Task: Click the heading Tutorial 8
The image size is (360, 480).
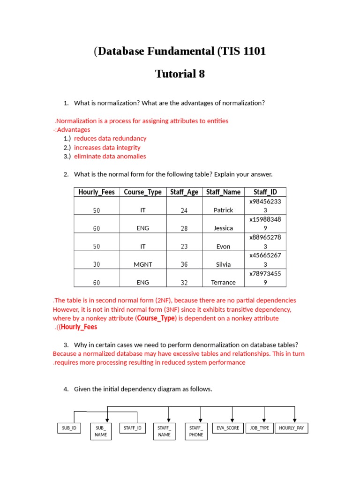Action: tap(180, 74)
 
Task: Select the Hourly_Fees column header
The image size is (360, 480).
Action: tap(97, 192)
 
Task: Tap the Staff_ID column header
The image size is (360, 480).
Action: tap(265, 192)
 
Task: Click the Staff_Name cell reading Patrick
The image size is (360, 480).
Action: tap(223, 210)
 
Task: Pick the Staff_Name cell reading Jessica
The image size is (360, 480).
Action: tap(223, 228)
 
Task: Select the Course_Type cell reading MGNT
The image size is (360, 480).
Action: tap(143, 264)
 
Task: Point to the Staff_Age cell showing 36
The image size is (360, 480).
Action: tap(184, 264)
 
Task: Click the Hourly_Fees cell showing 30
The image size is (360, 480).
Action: tap(97, 264)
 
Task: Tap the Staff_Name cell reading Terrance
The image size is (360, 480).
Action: tap(223, 282)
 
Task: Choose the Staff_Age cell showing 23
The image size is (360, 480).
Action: tap(184, 246)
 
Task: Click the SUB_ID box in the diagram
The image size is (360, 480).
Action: tap(69, 428)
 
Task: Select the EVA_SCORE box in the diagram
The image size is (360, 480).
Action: tap(228, 428)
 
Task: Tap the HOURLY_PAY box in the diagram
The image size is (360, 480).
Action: tap(291, 428)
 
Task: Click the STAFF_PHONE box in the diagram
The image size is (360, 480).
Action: tap(196, 431)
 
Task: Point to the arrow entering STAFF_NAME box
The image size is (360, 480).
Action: tap(169, 417)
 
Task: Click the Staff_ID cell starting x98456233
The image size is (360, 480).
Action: tap(265, 205)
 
